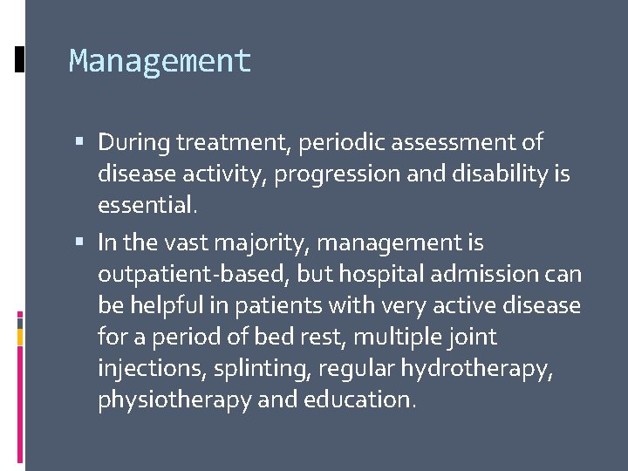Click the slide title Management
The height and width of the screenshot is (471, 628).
(160, 61)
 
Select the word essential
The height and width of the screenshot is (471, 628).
(147, 205)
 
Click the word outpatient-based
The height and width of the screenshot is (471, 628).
(194, 274)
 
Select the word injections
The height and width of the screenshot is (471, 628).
(148, 368)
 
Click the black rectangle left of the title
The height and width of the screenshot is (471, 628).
(20, 59)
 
